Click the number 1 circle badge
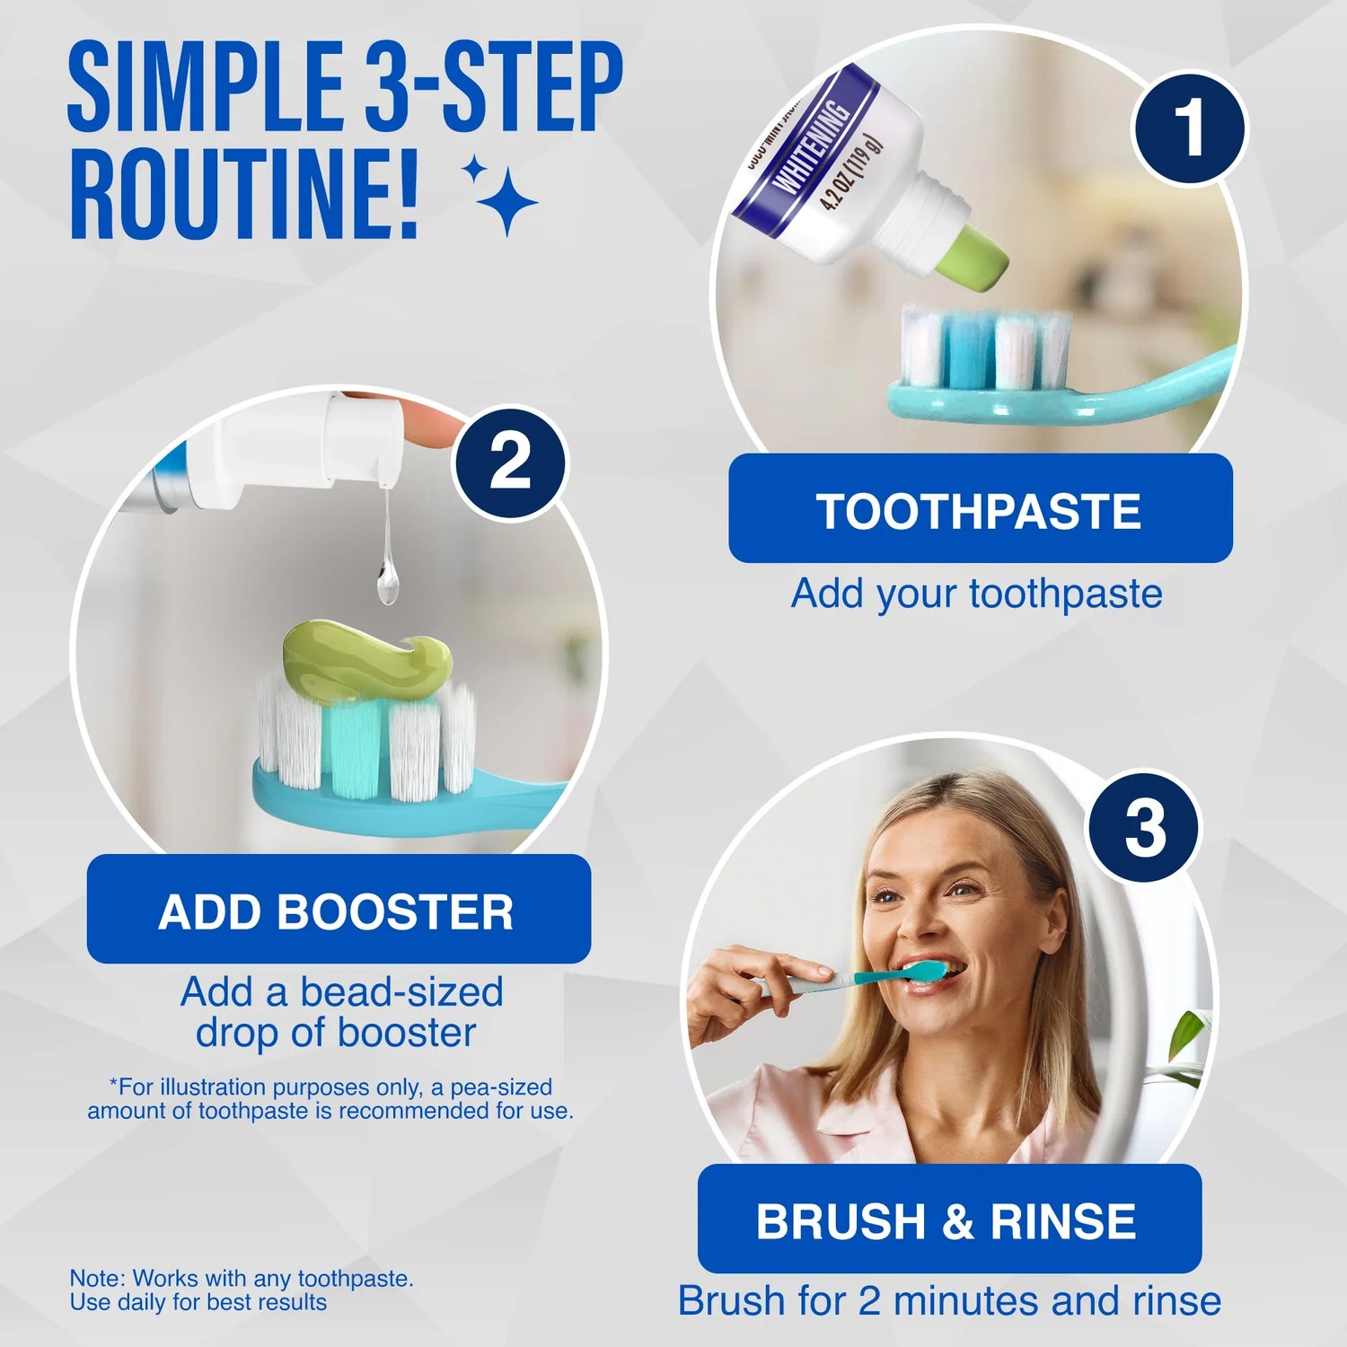coord(1188,128)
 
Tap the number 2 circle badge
coord(509,462)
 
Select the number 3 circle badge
coord(1144,827)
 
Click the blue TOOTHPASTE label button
coord(980,509)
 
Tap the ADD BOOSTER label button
coord(338,910)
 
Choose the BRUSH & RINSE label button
coord(948,1219)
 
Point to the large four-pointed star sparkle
coord(506,203)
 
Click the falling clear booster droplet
coord(386,584)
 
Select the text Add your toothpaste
coord(976,594)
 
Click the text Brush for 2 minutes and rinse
coord(949,1300)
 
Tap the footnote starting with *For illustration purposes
coord(330,1099)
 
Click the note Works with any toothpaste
coord(241,1278)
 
